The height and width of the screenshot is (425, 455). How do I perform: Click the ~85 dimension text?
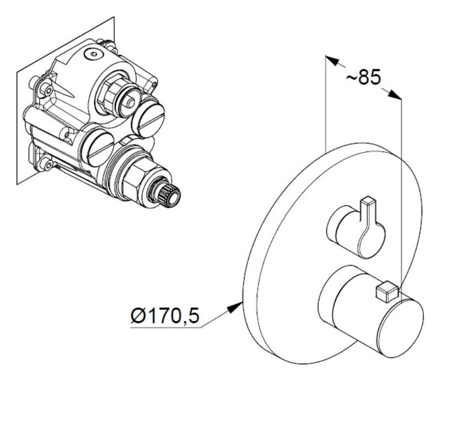(x=363, y=77)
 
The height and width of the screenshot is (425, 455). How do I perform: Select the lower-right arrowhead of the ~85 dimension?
(x=395, y=94)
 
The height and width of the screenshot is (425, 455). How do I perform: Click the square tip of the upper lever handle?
(x=368, y=201)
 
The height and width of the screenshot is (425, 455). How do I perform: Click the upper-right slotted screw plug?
(x=148, y=117)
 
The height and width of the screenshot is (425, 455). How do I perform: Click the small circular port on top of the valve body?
(x=93, y=54)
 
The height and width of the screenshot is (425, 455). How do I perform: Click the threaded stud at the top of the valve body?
(x=107, y=43)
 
